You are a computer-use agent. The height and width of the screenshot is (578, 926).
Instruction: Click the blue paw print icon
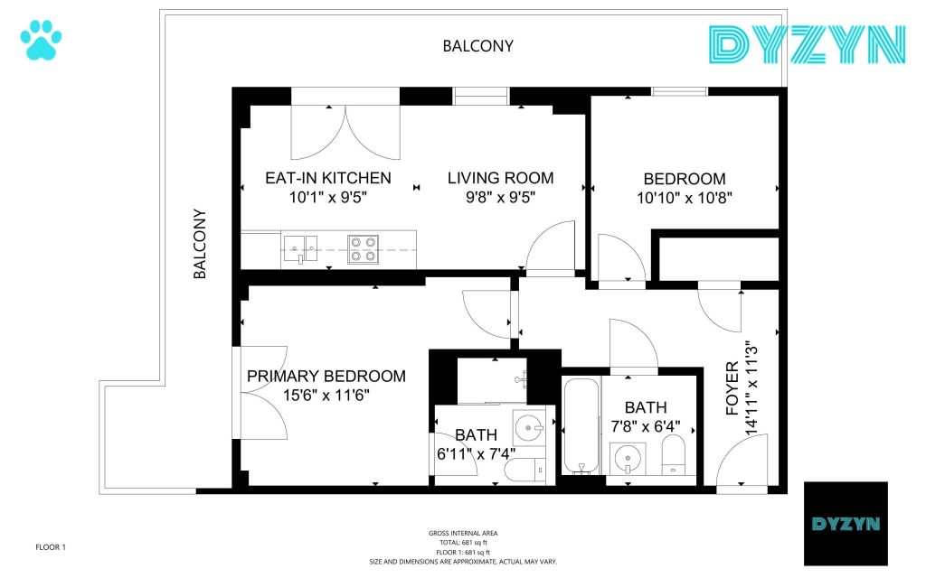coord(41,40)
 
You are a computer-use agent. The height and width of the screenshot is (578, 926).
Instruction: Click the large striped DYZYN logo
coord(807,45)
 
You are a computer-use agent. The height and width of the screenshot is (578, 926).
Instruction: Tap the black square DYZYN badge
coord(846,524)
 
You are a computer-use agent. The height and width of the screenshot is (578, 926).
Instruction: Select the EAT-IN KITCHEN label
coord(327,178)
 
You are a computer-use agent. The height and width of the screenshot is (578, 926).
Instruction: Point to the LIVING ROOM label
coord(500,178)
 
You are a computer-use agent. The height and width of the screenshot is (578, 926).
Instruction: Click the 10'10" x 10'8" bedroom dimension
coord(685,198)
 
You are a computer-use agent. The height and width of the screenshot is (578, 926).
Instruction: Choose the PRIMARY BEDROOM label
coord(326,377)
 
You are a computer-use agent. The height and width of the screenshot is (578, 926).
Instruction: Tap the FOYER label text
coord(732,388)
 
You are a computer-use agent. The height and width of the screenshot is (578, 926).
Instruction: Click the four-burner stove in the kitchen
coord(363,249)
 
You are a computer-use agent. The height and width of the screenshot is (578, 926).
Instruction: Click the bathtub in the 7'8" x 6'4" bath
coord(581,426)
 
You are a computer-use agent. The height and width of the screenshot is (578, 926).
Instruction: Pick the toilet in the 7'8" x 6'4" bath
coord(673,454)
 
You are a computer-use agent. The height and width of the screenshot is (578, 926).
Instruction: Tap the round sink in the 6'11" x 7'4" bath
coord(528,427)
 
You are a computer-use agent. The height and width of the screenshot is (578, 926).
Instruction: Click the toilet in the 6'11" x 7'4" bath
coord(525,471)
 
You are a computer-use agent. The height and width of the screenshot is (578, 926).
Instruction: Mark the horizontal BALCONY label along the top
coord(477,46)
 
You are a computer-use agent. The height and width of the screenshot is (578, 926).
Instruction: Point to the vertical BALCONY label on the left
coord(200,244)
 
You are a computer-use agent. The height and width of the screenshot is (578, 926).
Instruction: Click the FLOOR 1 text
coord(51,547)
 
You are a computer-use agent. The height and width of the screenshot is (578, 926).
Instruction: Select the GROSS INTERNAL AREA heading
coord(463,533)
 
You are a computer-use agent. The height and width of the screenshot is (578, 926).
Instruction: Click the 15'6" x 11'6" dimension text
coord(326,396)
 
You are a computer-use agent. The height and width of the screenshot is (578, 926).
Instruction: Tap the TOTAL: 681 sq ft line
coord(463,543)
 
